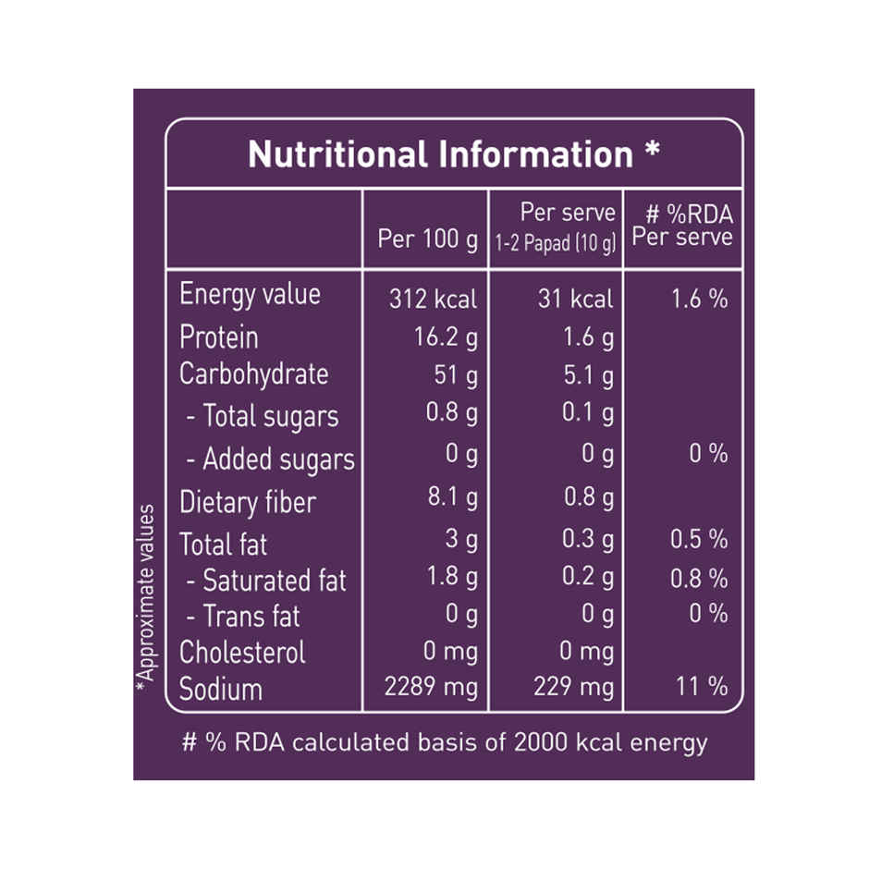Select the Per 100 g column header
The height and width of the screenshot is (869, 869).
(x=428, y=239)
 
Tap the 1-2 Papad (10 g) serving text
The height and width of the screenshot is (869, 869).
(x=555, y=245)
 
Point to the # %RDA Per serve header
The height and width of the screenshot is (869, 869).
(x=683, y=226)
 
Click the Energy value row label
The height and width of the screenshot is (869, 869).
(x=250, y=295)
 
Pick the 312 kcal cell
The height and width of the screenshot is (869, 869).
(x=433, y=299)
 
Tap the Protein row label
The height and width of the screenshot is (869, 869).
(x=219, y=337)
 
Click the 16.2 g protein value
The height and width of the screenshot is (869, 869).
(x=446, y=338)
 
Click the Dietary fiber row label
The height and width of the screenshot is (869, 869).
(x=247, y=502)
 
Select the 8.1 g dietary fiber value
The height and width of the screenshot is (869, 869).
(x=452, y=499)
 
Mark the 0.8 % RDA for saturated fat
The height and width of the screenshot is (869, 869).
(x=699, y=580)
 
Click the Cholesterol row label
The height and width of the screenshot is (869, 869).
(x=242, y=652)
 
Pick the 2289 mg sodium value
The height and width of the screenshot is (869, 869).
(x=431, y=687)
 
